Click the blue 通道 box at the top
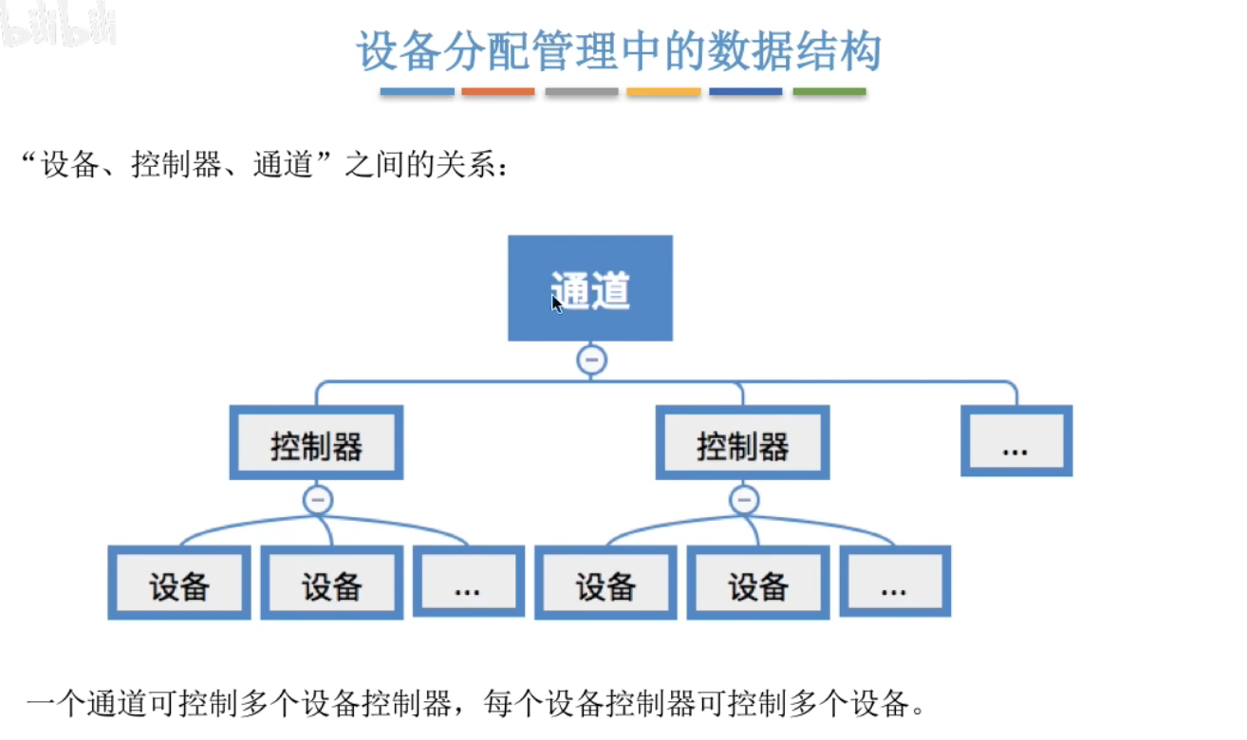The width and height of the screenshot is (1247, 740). coord(590,287)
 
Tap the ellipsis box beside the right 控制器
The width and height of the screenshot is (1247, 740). coord(1015,441)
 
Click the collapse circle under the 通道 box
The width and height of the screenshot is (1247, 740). coord(591,360)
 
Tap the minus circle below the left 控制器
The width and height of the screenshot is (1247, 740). coord(317,499)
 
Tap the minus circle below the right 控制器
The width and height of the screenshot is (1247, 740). coord(743,499)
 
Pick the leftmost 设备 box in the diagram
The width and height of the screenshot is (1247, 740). coord(178,583)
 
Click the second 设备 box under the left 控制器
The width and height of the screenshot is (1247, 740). coord(331,583)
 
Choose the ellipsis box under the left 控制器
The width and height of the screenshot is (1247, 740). coord(468,583)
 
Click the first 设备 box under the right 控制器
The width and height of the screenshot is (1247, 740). coord(605,583)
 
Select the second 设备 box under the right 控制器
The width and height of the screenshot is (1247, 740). coord(757,583)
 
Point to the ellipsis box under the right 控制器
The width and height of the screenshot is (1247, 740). coord(894,583)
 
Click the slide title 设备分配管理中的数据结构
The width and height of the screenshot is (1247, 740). coord(619,51)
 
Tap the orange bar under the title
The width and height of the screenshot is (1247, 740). coord(498,92)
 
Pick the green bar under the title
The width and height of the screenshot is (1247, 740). coord(829,92)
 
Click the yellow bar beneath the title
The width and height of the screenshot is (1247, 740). coord(663,92)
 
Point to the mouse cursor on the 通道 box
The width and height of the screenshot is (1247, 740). coord(556,303)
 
